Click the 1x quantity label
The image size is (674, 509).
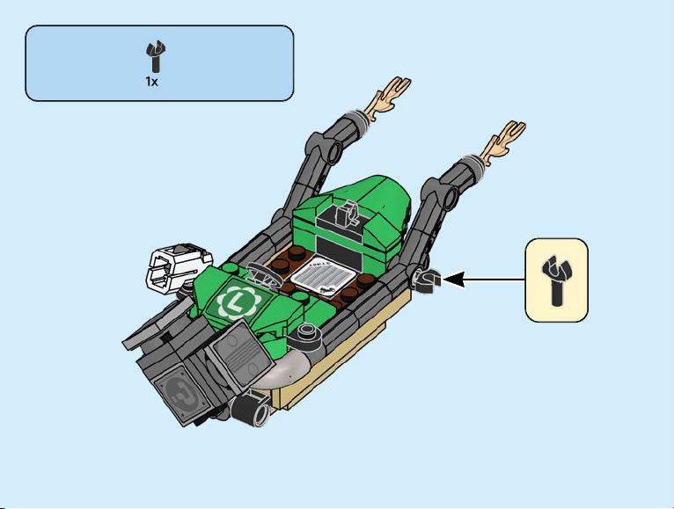pos(151,82)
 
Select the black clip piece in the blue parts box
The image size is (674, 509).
pos(155,56)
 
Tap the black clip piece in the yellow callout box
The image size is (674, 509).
pos(556,280)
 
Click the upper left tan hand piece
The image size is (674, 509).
pos(391,98)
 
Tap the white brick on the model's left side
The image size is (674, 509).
pos(176,266)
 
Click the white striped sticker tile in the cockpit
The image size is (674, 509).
pos(323,278)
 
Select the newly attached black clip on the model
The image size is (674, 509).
pos(426,280)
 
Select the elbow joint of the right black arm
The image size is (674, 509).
pos(440,193)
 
